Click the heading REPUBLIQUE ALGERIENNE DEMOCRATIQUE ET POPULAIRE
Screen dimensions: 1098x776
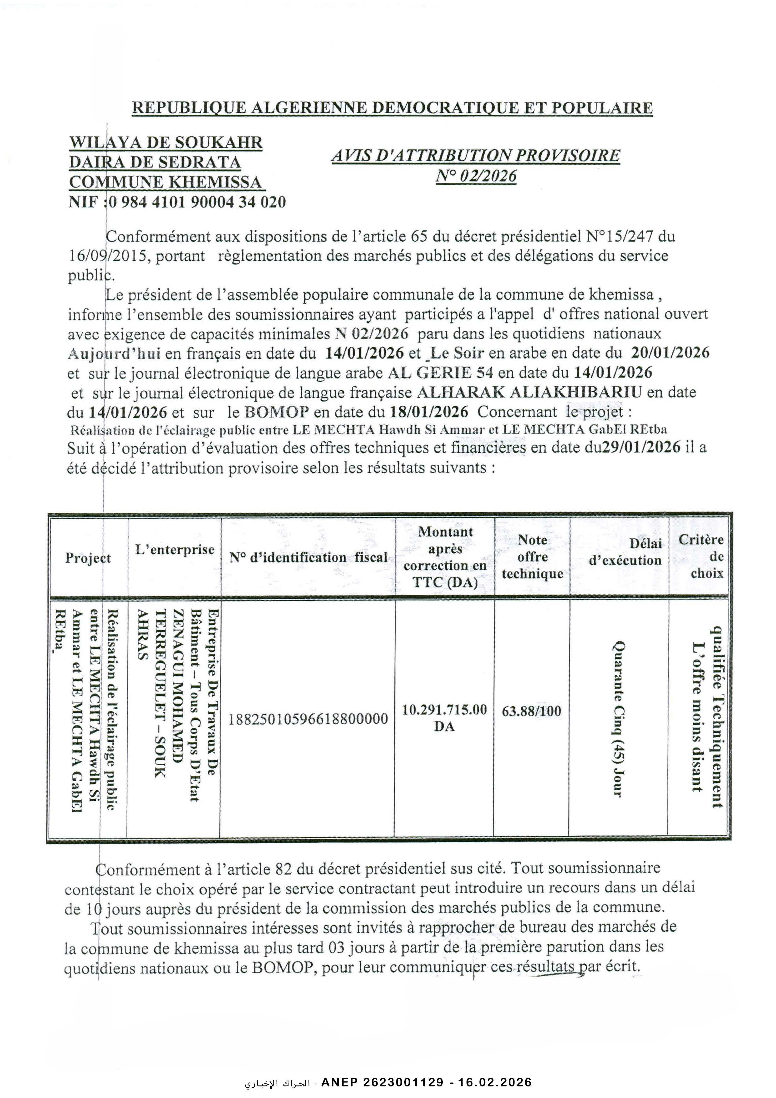(392, 108)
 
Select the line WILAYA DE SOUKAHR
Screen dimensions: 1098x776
(166, 142)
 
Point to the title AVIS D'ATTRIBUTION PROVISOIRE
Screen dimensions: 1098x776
(476, 156)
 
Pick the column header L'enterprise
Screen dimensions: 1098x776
(175, 550)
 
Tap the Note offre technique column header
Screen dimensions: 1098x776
(532, 557)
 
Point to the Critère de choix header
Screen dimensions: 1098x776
(701, 557)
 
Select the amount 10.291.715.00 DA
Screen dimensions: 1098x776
(444, 718)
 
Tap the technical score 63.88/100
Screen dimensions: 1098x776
(532, 711)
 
